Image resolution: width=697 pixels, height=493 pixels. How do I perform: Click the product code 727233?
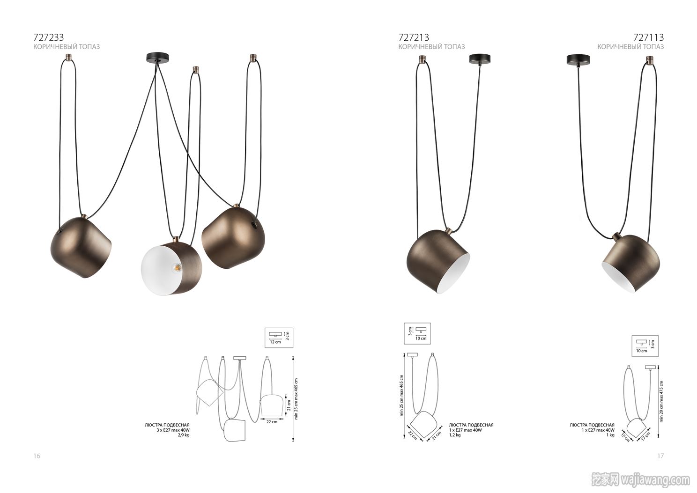click(49, 37)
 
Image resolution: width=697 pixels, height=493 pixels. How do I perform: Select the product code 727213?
click(414, 37)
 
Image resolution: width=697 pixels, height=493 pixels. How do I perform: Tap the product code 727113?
click(648, 37)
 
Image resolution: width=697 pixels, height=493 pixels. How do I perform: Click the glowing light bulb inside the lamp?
click(177, 266)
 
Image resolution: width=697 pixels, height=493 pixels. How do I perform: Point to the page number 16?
click(37, 456)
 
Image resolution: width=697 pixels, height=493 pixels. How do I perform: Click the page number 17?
click(660, 456)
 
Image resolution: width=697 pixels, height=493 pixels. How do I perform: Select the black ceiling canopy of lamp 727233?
click(158, 58)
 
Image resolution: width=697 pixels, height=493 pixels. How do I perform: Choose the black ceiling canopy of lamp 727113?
click(578, 59)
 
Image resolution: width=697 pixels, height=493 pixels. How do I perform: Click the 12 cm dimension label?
click(275, 342)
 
